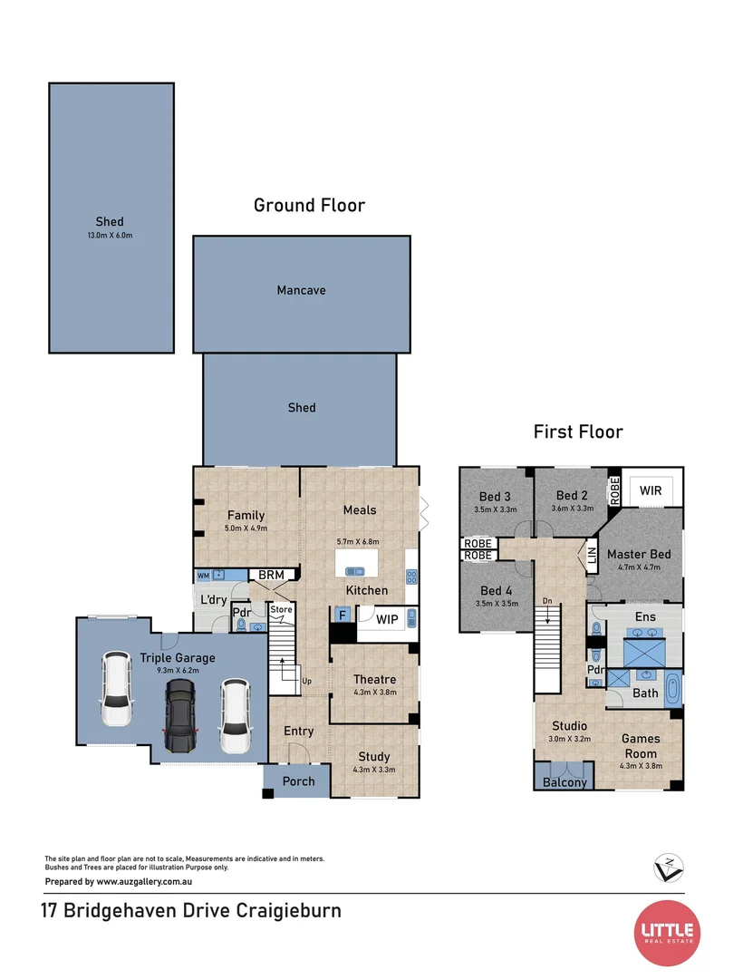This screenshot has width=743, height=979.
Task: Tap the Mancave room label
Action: [x=301, y=291]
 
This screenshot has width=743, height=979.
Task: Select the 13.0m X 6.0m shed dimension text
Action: [x=110, y=236]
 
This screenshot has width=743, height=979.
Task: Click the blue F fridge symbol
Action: [x=343, y=615]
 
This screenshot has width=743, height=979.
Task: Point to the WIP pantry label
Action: [x=386, y=619]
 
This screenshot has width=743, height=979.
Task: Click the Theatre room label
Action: [x=373, y=679]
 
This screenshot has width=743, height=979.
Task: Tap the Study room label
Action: [x=373, y=757]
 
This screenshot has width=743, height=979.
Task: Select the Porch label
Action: [x=298, y=781]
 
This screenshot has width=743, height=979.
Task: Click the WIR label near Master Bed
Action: [x=650, y=489]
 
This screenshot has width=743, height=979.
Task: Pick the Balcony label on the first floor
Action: [x=564, y=782]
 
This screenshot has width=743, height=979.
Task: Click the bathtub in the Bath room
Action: [x=671, y=690]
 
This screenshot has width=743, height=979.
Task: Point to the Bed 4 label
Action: [x=496, y=591]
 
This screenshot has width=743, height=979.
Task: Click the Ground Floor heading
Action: [x=309, y=206]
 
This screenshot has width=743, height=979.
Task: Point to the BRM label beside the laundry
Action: [x=273, y=576]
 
